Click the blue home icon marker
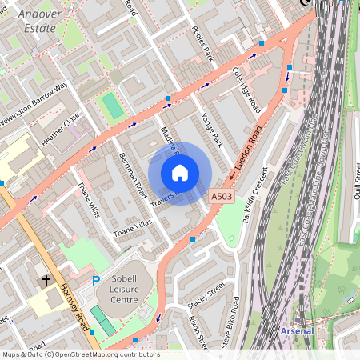[x=180, y=173]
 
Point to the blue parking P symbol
[x=96, y=281]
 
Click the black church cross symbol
[x=46, y=281]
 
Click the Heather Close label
[x=61, y=128]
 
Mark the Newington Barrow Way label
[x=34, y=105]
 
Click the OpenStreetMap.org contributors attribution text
[x=80, y=354]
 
